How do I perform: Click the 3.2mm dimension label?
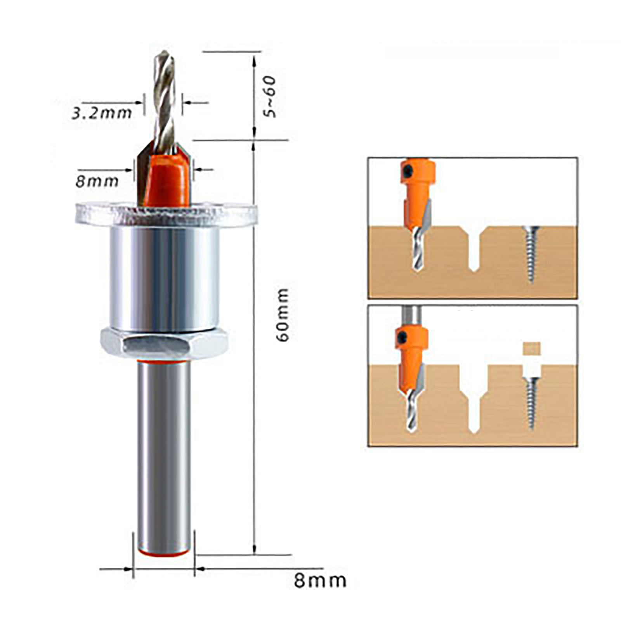click(x=102, y=113)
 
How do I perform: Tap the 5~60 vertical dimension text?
click(x=269, y=97)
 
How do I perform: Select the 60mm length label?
click(x=283, y=315)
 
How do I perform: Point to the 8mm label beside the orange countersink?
click(x=97, y=181)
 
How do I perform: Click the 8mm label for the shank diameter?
click(x=320, y=581)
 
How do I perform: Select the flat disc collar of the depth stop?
click(x=167, y=214)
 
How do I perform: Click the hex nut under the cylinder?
click(x=164, y=343)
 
